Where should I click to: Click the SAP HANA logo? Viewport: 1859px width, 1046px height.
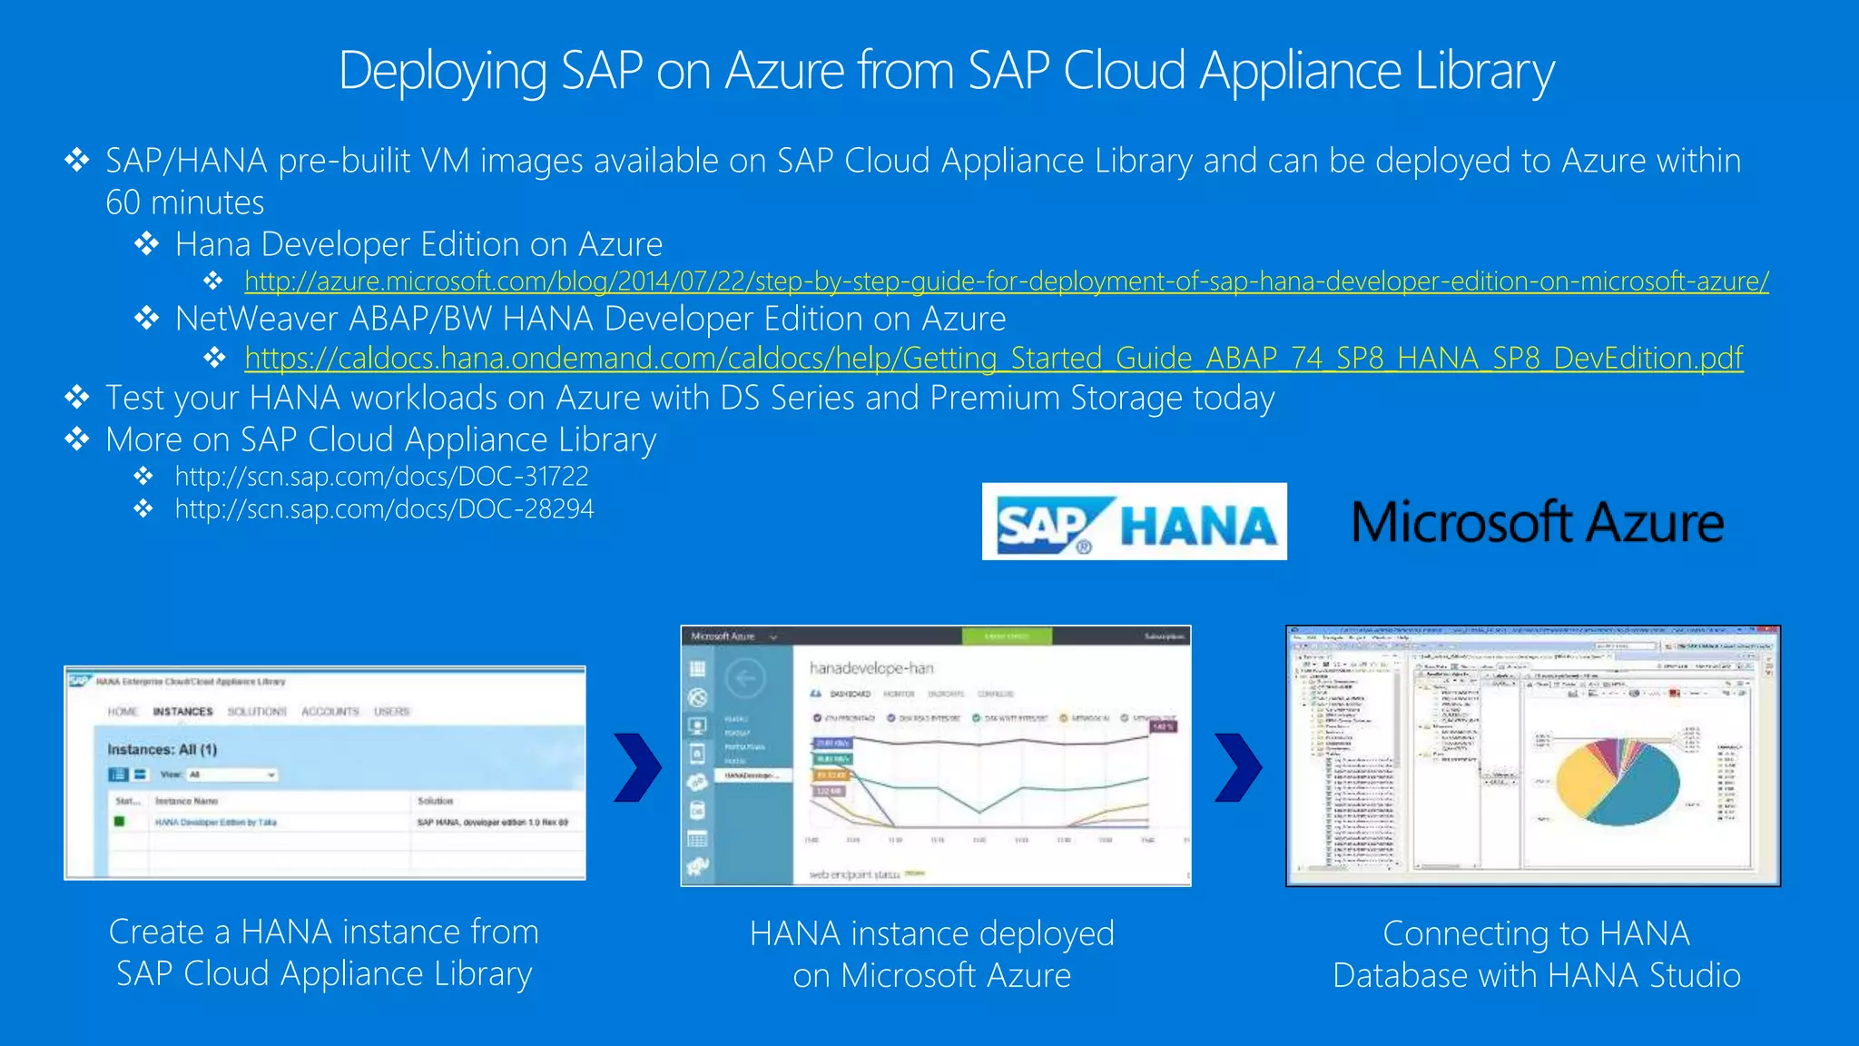pos(1134,522)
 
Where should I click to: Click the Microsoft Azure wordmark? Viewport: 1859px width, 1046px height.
pos(1537,523)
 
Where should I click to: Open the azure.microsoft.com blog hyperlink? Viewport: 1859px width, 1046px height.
pos(1006,281)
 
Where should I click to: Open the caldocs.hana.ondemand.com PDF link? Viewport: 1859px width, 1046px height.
pos(993,358)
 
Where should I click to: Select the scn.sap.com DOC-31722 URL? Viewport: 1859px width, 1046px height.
pos(381,476)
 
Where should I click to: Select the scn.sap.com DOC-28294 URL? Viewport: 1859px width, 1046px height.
pos(384,508)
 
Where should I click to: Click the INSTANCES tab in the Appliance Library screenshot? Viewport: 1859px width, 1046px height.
pos(182,712)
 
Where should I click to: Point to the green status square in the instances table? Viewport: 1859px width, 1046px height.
pos(119,822)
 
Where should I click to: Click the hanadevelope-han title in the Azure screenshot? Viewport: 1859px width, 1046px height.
pos(870,668)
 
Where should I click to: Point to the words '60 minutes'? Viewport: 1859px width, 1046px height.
pos(184,202)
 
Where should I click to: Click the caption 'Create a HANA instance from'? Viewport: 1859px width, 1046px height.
pos(323,933)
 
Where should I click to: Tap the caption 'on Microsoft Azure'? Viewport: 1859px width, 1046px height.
pos(931,976)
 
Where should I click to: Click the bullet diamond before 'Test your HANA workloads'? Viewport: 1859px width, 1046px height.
pos(77,398)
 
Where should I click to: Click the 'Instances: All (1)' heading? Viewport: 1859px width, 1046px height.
pos(162,750)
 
